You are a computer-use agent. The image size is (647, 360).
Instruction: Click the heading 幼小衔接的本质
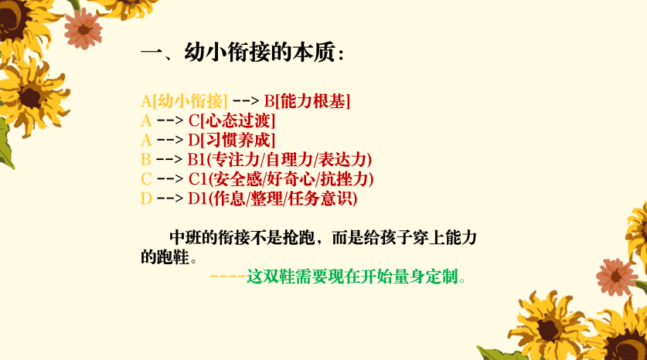[259, 53]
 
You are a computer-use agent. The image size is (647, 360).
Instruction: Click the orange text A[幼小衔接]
[184, 101]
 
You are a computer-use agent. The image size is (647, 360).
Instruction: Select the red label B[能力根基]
[307, 101]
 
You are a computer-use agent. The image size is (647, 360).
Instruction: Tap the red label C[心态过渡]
[232, 121]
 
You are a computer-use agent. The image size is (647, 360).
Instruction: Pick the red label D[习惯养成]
[232, 140]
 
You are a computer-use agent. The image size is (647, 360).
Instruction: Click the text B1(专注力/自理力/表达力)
[280, 160]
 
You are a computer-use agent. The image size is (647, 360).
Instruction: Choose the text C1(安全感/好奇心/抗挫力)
[281, 179]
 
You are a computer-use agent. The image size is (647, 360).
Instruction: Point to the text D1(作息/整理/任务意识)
[273, 199]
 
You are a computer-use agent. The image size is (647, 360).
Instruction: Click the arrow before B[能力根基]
[246, 101]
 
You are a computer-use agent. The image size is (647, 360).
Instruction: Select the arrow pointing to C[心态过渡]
[170, 121]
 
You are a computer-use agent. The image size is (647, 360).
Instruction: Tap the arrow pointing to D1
[170, 199]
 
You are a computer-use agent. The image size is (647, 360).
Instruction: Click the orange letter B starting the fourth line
[145, 160]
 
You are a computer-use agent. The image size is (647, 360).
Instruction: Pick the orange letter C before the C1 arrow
[146, 179]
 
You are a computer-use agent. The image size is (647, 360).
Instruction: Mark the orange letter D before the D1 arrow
[146, 199]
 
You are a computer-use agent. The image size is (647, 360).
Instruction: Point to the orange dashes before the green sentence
[228, 277]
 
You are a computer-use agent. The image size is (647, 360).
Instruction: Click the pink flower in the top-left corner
[83, 29]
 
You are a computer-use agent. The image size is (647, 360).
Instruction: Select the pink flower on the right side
[616, 277]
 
